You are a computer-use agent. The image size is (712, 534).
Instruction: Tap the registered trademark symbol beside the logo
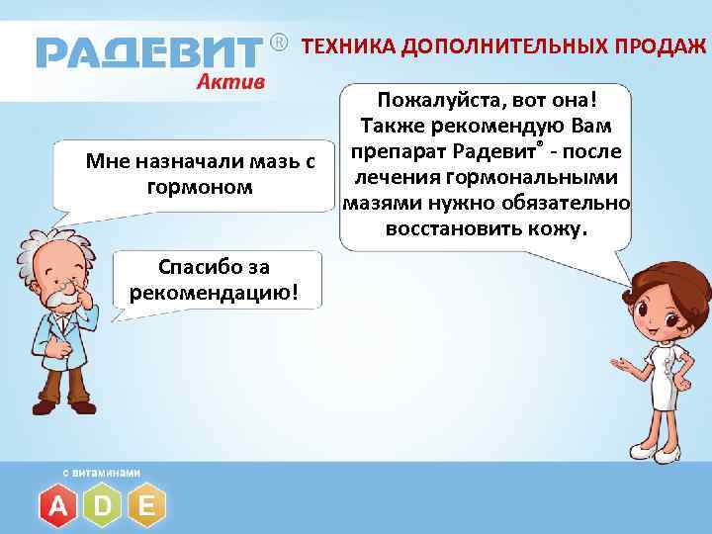point(279,44)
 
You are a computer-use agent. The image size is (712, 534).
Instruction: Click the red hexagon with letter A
point(58,506)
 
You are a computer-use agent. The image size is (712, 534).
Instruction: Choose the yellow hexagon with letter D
point(103,506)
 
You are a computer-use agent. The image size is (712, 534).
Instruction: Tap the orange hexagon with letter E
point(146,506)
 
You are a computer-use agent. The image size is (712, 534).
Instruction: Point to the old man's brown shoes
point(64,405)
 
